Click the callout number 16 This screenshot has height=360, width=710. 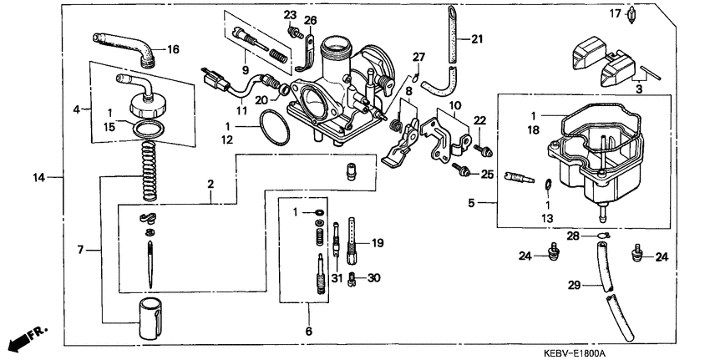(173, 49)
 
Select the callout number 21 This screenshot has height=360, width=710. (477, 39)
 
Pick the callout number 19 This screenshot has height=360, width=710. (378, 243)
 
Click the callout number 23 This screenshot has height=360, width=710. (290, 16)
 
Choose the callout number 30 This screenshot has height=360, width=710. (373, 278)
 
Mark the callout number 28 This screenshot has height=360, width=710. (573, 236)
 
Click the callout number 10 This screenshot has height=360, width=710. (455, 107)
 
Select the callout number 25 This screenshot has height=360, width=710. (488, 174)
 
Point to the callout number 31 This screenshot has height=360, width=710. (337, 278)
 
